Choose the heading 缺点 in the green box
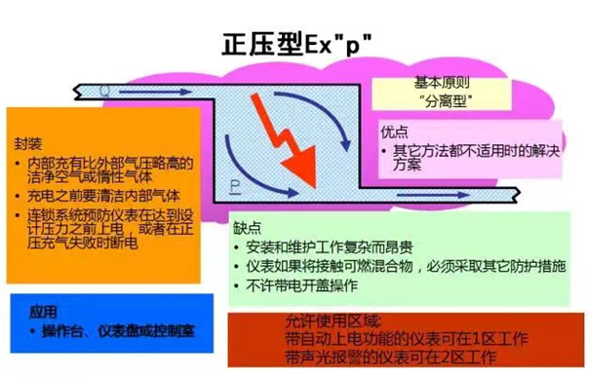pyautogui.click(x=248, y=225)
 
